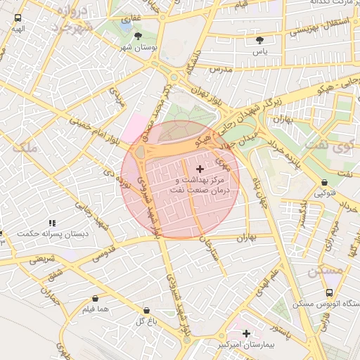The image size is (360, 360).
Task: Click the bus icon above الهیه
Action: [18, 18]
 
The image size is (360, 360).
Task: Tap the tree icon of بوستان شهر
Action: [137, 35]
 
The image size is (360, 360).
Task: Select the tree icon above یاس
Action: [261, 40]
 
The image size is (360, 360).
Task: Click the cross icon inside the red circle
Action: [200, 169]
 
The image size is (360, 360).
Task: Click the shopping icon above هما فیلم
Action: [95, 298]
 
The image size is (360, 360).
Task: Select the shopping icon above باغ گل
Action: [146, 310]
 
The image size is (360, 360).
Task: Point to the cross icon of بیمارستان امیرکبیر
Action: [247, 333]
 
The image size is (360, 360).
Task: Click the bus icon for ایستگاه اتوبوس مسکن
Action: [329, 292]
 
